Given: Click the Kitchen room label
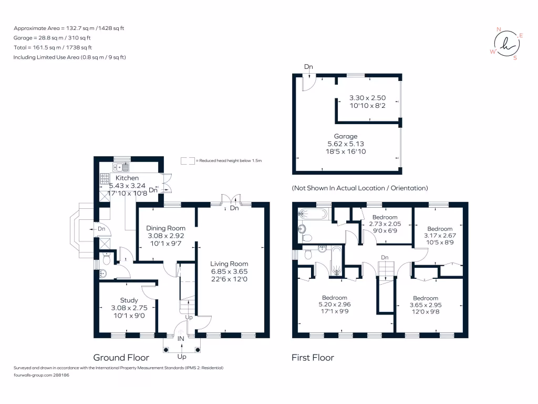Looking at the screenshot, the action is [x=127, y=178].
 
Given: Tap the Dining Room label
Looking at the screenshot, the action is [x=165, y=228].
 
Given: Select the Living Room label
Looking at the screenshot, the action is [x=229, y=264].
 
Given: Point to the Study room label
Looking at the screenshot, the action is [x=129, y=300].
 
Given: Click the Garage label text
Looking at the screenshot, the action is [x=346, y=136].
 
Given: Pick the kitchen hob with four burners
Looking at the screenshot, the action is [x=105, y=179].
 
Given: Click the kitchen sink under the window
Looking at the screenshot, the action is [x=121, y=168].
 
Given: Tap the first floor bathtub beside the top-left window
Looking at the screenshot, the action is [x=313, y=214].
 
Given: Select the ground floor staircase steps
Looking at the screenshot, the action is [x=188, y=307].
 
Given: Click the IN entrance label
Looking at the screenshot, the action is [x=181, y=339].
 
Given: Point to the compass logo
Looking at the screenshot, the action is [x=507, y=44].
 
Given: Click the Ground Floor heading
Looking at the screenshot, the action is [x=121, y=358].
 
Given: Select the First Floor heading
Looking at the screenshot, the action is [x=313, y=358].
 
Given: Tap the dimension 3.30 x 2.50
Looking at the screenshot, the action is [x=367, y=98].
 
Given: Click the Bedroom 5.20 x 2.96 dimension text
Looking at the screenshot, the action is [x=335, y=305].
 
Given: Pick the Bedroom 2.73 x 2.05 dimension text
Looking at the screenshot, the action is [x=385, y=224].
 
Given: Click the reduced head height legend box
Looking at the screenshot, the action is [x=188, y=161].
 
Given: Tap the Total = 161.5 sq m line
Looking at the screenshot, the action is [x=53, y=47].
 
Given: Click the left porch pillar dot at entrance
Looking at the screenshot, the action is [x=166, y=350].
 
